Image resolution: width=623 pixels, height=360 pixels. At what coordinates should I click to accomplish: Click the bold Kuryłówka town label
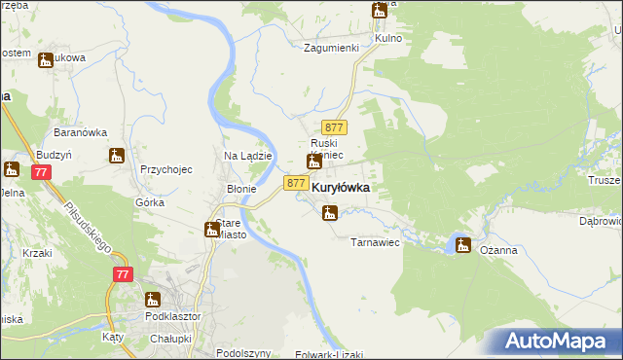340,188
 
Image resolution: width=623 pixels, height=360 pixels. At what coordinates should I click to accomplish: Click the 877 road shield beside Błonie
297,183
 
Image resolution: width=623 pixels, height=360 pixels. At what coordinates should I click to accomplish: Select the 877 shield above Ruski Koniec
335,127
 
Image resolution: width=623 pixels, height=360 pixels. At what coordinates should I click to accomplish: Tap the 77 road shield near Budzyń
40,172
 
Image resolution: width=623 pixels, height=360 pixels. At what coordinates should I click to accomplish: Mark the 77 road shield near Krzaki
122,275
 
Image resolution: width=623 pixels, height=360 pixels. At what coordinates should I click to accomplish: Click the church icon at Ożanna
462,245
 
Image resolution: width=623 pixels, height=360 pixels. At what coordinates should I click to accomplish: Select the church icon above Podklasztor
153,300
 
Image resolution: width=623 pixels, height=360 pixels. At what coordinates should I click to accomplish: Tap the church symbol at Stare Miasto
211,230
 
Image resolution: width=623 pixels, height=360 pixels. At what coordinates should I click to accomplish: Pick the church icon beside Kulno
379,11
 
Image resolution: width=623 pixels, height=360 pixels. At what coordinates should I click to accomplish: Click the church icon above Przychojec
117,155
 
